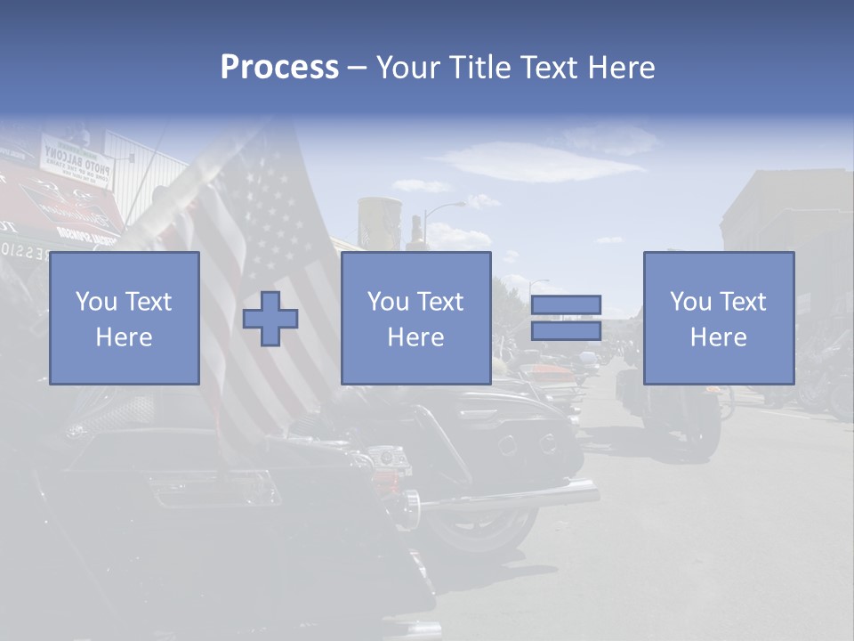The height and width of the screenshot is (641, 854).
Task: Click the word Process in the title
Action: tap(279, 68)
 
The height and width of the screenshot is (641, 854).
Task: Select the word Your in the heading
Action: tap(409, 68)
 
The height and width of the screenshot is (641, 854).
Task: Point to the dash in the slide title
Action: tap(357, 69)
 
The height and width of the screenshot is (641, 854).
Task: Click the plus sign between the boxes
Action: tap(270, 319)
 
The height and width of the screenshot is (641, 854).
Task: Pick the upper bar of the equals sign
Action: tap(566, 305)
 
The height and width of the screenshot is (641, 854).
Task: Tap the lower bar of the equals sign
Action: tap(566, 330)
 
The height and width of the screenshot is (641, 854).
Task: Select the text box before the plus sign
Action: tap(124, 318)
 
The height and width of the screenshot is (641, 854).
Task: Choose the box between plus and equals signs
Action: tap(415, 318)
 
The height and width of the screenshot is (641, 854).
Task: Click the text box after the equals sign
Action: tap(718, 318)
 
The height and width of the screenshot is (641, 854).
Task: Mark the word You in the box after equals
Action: tap(691, 302)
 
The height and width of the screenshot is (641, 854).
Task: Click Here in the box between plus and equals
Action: tap(415, 337)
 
